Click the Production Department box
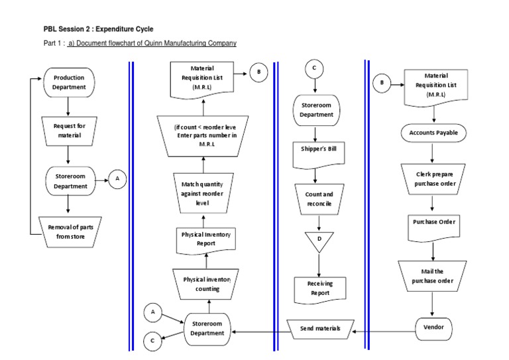(69, 82)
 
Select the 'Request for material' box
(69, 131)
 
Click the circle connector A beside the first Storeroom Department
(117, 178)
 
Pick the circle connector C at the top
(314, 68)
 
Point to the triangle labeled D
(319, 239)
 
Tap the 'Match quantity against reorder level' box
(205, 193)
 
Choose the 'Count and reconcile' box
(319, 199)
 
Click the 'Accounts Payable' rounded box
(433, 133)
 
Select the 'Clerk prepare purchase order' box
(433, 178)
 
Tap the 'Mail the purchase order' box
(433, 276)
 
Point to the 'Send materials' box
(319, 328)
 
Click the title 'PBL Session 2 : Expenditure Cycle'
(98, 29)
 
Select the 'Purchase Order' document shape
(433, 223)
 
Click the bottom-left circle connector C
(152, 341)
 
